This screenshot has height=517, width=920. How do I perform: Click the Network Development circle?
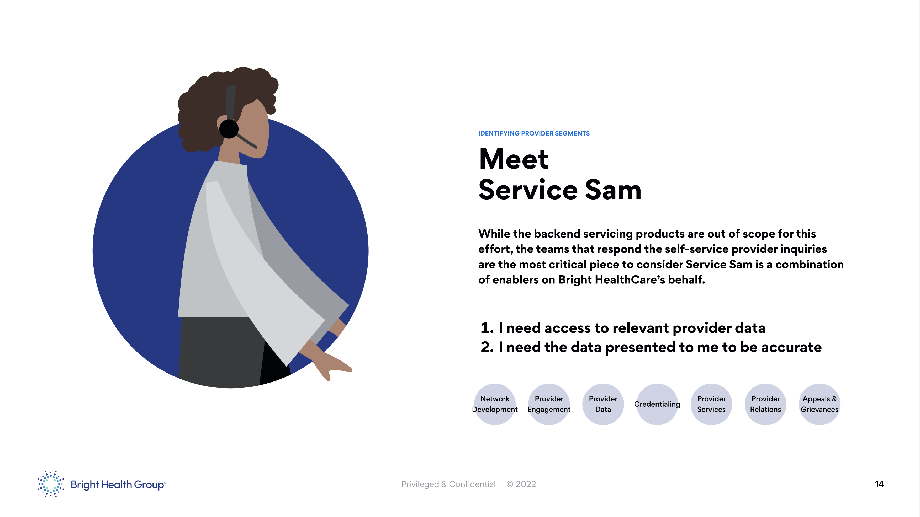tap(495, 404)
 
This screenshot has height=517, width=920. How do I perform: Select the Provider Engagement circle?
tap(549, 404)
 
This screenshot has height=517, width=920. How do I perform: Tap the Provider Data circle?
tap(603, 404)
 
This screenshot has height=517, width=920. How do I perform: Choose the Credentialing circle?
tap(657, 404)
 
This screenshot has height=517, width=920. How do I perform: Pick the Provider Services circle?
tap(711, 404)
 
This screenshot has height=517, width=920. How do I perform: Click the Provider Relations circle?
tap(765, 404)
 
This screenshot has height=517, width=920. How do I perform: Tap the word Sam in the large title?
tap(613, 190)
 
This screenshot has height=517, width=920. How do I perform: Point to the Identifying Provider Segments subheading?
tap(533, 133)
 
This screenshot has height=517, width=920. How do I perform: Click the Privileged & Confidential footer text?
tap(448, 484)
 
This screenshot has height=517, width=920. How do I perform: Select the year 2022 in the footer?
tap(525, 484)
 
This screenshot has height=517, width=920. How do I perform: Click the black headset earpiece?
tap(229, 129)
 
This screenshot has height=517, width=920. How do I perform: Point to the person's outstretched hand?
tap(332, 366)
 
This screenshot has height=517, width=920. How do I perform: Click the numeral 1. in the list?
tap(487, 328)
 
